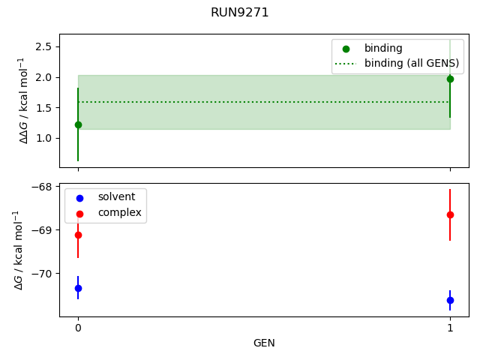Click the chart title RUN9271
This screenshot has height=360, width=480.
coord(239,13)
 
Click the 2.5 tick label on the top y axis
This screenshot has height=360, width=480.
coord(42,46)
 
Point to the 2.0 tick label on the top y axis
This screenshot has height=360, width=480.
coord(42,77)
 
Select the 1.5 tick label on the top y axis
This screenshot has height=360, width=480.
coord(42,108)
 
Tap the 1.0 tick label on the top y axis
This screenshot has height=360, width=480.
coord(42,139)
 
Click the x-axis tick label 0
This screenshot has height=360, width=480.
coord(78,328)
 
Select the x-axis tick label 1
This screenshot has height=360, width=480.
coord(450,328)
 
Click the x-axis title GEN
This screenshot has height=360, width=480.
coord(264,343)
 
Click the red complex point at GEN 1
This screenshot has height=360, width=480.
coord(450,214)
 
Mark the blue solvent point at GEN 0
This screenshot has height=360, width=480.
coord(78,288)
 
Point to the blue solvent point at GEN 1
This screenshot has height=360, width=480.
coord(450,300)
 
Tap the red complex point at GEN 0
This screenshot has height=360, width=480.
coord(78,235)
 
